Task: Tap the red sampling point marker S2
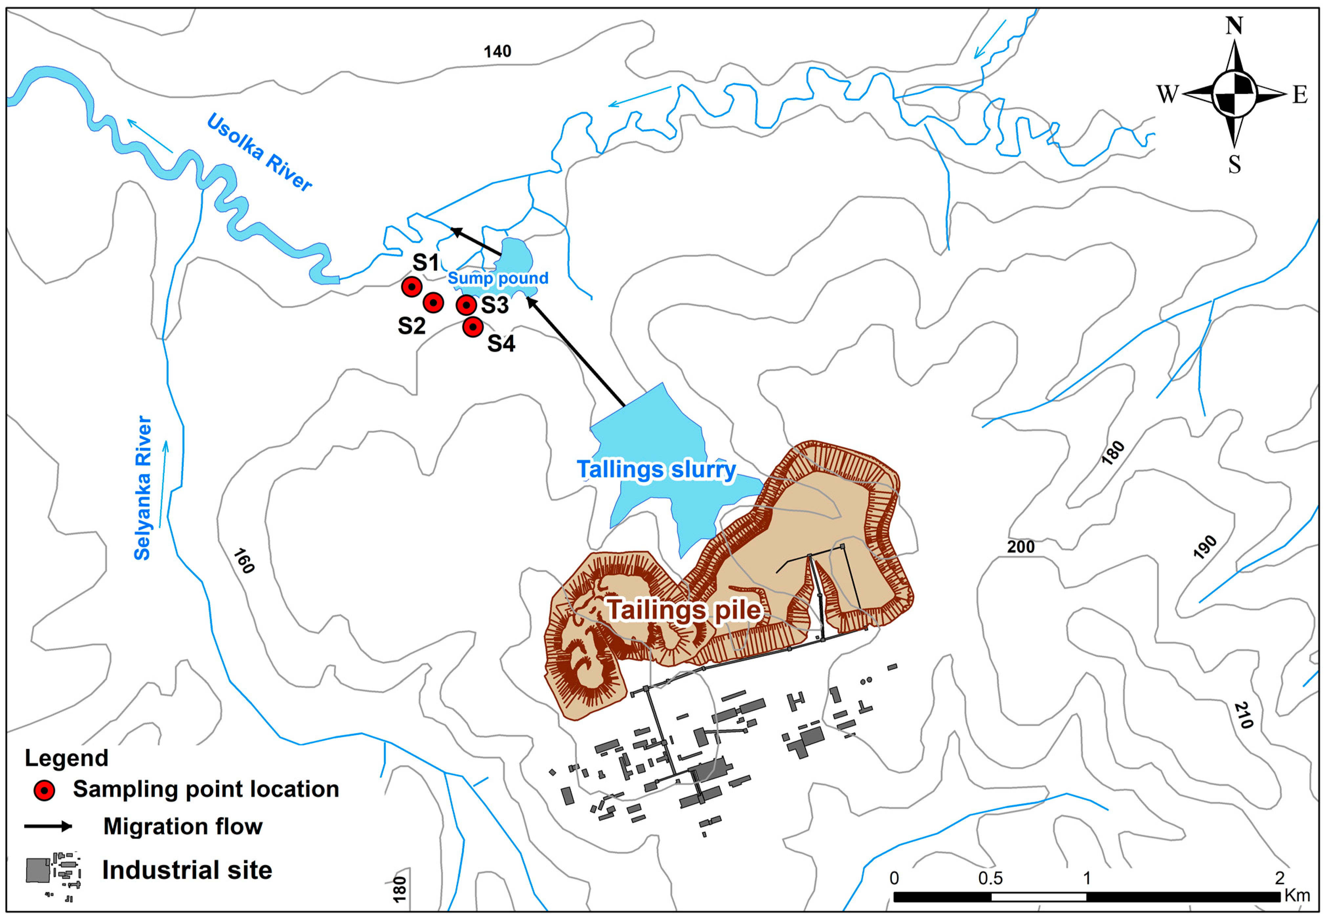[433, 302]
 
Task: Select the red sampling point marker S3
[466, 305]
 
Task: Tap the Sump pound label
[498, 278]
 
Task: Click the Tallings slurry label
[656, 469]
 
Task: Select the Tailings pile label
[684, 610]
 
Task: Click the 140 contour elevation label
[497, 51]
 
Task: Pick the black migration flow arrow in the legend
[49, 826]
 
